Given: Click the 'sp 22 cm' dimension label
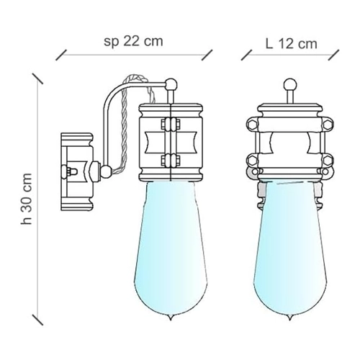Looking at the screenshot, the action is point(133,42).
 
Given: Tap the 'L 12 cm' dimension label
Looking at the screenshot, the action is point(292,44).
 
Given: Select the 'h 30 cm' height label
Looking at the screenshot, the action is point(27,199).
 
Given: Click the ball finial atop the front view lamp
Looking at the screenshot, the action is point(290,85).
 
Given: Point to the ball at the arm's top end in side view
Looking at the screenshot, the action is point(171,84).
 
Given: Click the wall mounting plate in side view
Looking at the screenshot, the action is point(77,172).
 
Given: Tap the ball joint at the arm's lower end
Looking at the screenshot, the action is point(106,171).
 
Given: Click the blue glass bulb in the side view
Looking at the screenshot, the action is point(170,250).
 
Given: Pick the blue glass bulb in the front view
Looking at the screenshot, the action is point(290,250).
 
